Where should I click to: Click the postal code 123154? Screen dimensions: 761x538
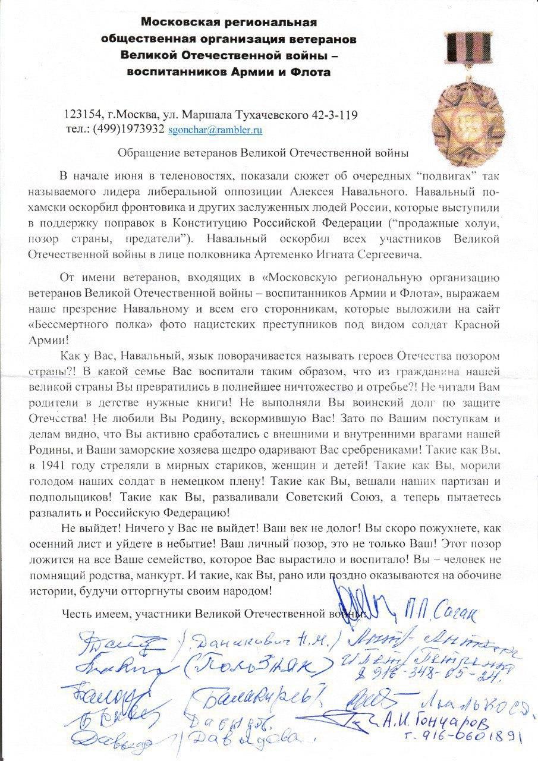click(x=82, y=115)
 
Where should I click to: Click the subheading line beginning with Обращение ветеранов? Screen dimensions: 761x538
click(x=261, y=153)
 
